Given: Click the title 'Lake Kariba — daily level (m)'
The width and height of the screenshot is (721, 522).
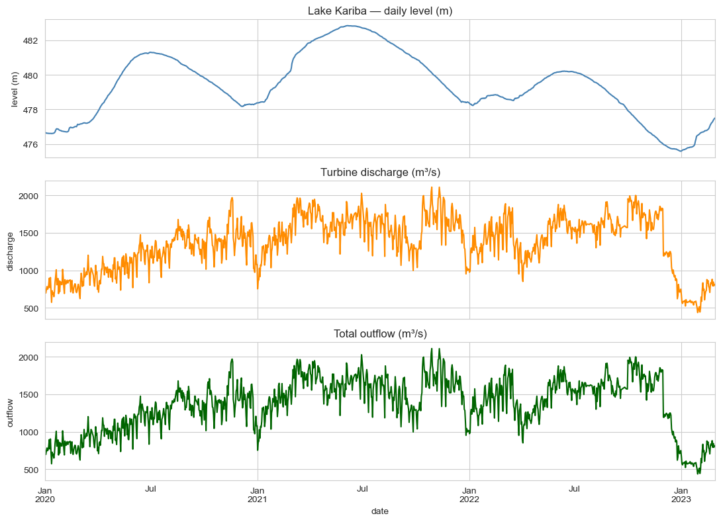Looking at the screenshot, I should (380, 11).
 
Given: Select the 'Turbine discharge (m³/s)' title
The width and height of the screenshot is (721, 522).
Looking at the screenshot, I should (380, 173).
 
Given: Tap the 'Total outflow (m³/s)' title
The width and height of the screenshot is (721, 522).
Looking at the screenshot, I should (380, 334).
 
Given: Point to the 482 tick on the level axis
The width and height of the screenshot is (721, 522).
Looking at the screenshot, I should (30, 41).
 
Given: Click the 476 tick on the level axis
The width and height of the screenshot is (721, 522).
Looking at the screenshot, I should (30, 144).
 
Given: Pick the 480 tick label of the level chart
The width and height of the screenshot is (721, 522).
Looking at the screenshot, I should (30, 75).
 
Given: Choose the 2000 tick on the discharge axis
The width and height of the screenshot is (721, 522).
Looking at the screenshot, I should (28, 196).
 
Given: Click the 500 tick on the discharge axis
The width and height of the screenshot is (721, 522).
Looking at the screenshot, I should (30, 308).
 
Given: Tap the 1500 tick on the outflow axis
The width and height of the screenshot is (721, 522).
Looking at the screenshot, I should (28, 395).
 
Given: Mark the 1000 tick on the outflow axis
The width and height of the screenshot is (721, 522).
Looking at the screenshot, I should (28, 433).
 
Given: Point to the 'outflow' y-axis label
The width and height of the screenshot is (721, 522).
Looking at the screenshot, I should (9, 412).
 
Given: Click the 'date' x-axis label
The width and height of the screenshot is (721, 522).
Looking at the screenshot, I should (380, 511).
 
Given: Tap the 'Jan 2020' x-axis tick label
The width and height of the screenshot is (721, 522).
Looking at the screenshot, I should (45, 494).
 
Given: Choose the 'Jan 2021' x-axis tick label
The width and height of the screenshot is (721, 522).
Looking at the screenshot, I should (257, 494).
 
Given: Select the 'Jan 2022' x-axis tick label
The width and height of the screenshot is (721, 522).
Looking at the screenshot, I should (469, 494).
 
